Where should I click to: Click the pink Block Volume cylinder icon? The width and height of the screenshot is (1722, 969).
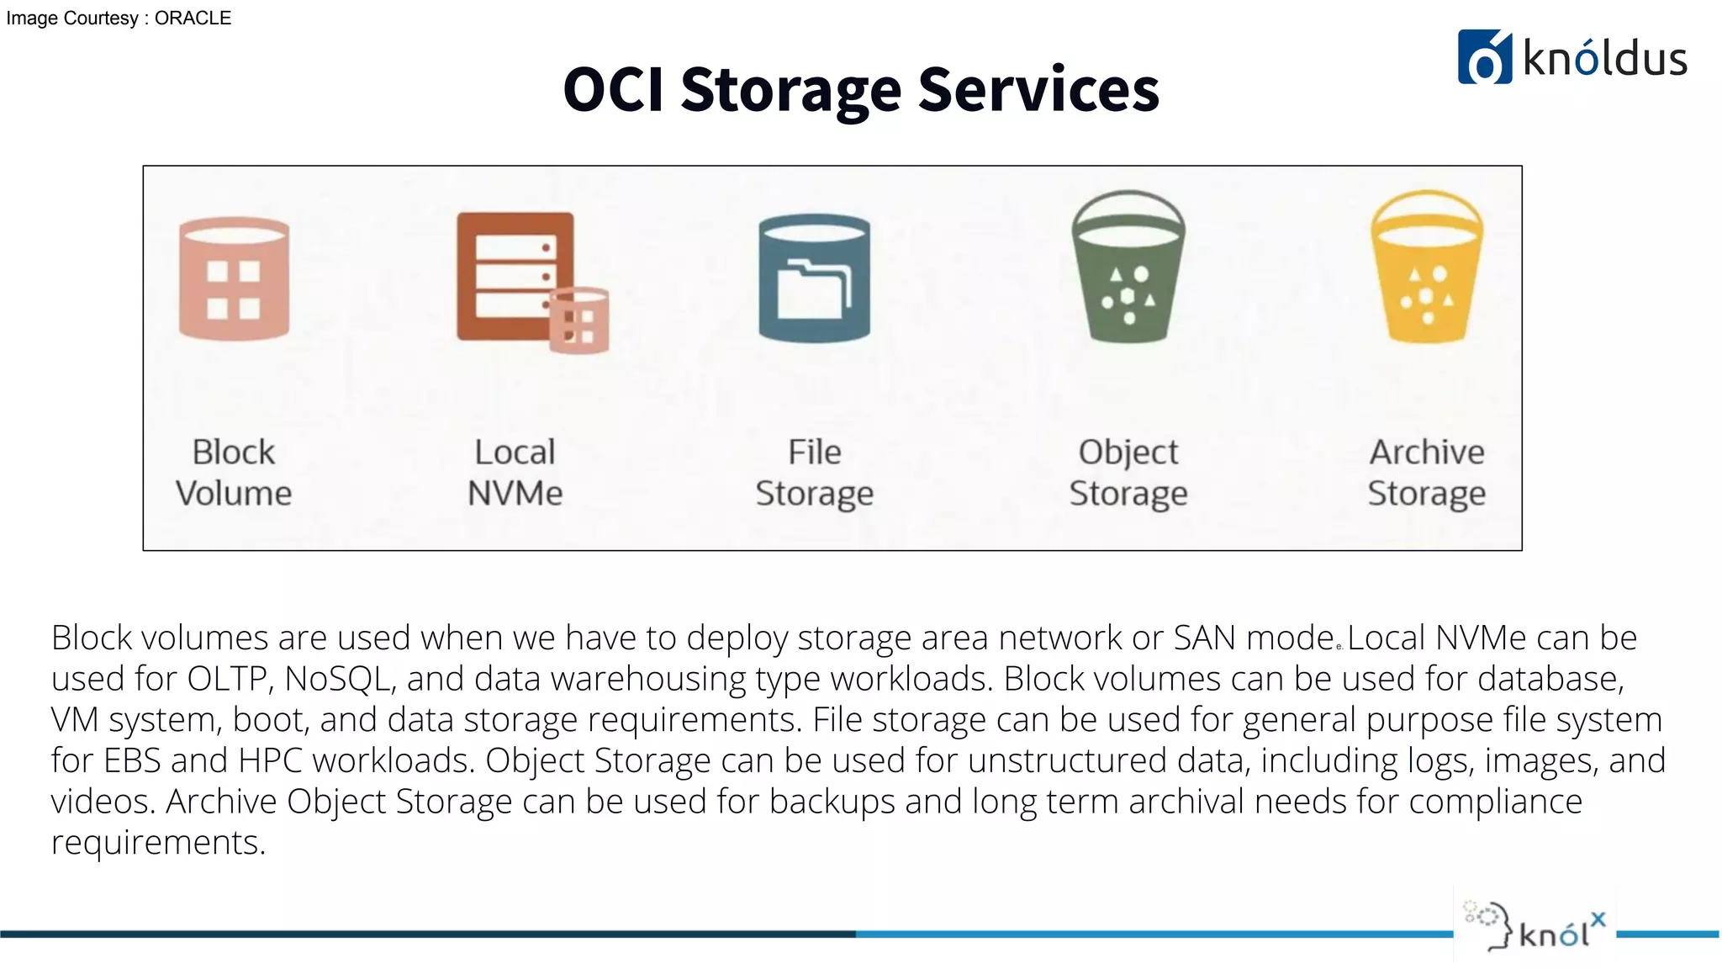coord(234,279)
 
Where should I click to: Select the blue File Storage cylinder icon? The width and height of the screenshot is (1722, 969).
coord(814,279)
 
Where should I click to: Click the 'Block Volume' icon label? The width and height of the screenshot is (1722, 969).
coord(234,473)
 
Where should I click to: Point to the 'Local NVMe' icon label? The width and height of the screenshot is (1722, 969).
coord(515,473)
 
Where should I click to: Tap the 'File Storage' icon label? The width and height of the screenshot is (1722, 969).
coord(814,473)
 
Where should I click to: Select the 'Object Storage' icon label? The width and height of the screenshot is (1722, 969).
coord(1128,473)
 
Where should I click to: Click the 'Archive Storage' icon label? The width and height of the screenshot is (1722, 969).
coord(1427,473)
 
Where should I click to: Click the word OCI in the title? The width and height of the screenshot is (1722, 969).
coord(614,89)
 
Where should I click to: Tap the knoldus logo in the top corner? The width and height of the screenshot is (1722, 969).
coord(1572,57)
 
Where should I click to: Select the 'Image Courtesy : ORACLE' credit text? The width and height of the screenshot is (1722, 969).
coord(119,19)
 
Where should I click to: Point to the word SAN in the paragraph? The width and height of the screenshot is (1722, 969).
coord(1205,638)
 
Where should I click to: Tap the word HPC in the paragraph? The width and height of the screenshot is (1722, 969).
coord(270,760)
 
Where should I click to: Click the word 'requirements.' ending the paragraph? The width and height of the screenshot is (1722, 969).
coord(158,842)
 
